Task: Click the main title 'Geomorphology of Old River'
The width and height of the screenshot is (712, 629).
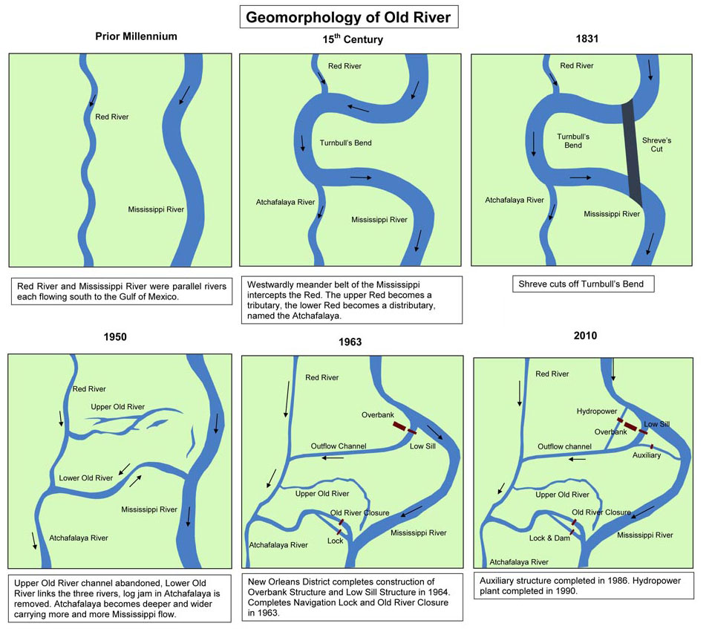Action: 348,17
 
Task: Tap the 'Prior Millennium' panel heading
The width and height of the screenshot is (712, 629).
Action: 136,36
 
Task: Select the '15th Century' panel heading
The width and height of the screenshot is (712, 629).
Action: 353,39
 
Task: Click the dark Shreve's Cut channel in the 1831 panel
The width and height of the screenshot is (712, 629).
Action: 632,152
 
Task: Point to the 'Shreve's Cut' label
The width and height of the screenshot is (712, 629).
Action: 656,144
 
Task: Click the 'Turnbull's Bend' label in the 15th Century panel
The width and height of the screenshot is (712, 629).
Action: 345,143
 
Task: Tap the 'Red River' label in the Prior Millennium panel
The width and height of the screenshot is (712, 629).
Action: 111,117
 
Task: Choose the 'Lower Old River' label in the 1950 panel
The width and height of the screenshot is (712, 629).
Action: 86,478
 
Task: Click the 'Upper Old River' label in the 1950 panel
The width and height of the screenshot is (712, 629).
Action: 117,407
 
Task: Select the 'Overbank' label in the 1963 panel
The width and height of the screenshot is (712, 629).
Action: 378,414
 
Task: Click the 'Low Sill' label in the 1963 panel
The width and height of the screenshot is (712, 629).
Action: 422,446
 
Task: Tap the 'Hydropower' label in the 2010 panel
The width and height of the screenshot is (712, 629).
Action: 597,411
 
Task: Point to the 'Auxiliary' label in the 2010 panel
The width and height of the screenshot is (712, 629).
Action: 647,455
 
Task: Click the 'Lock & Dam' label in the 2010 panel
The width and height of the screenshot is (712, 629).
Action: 549,538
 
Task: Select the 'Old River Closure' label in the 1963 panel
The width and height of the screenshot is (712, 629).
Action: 359,512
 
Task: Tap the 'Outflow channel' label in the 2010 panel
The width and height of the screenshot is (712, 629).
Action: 564,446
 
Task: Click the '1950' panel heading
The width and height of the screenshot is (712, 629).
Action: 115,336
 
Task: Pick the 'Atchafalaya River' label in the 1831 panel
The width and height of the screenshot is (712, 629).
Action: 514,200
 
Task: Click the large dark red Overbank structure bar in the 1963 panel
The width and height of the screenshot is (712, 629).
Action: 400,426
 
